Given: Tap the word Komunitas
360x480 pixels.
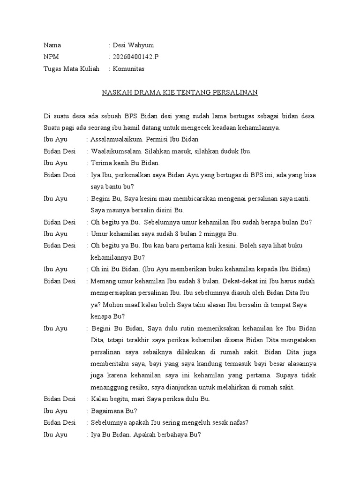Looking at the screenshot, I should click(128, 69).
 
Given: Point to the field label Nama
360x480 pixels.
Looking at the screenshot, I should click(52, 45).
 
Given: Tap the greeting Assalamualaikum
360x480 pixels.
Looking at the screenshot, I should click(117, 140).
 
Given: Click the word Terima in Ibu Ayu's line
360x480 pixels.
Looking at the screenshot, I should click(101, 163).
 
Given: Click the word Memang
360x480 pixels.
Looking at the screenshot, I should click(103, 281).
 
